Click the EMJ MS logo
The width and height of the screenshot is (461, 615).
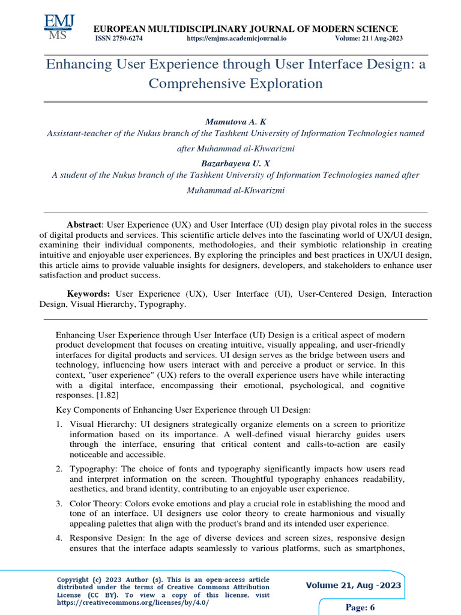(59, 26)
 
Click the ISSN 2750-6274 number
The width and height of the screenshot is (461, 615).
(119, 38)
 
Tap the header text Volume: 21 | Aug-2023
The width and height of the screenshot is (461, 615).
(369, 38)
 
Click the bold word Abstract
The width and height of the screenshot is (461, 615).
(83, 224)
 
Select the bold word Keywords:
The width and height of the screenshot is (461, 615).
(88, 294)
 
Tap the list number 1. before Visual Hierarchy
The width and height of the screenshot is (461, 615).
(59, 424)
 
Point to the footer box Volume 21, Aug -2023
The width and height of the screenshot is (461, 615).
(353, 586)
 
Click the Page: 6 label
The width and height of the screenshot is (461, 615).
(360, 607)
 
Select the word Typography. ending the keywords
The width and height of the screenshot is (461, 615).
(163, 304)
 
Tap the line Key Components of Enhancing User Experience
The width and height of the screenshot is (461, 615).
(183, 410)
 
